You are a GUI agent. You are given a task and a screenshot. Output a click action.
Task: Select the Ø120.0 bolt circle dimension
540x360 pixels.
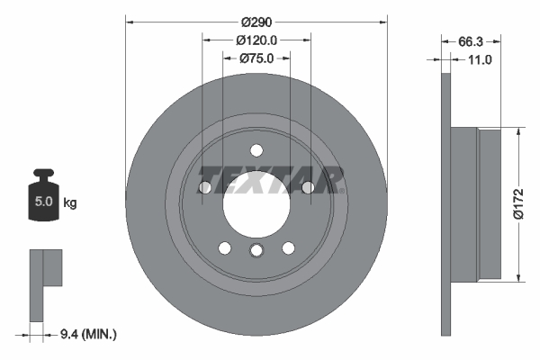256,40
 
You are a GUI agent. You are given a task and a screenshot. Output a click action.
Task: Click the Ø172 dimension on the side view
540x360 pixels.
517,202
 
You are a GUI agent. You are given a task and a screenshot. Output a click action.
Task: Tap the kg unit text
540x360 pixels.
70,203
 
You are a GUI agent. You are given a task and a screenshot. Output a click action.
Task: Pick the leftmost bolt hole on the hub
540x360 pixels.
204,187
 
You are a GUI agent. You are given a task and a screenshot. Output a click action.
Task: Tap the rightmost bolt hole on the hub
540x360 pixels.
308,187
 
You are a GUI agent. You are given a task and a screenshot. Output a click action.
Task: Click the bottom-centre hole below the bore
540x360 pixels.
256,251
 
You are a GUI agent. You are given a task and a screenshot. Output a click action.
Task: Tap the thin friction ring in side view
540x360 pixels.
445,203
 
